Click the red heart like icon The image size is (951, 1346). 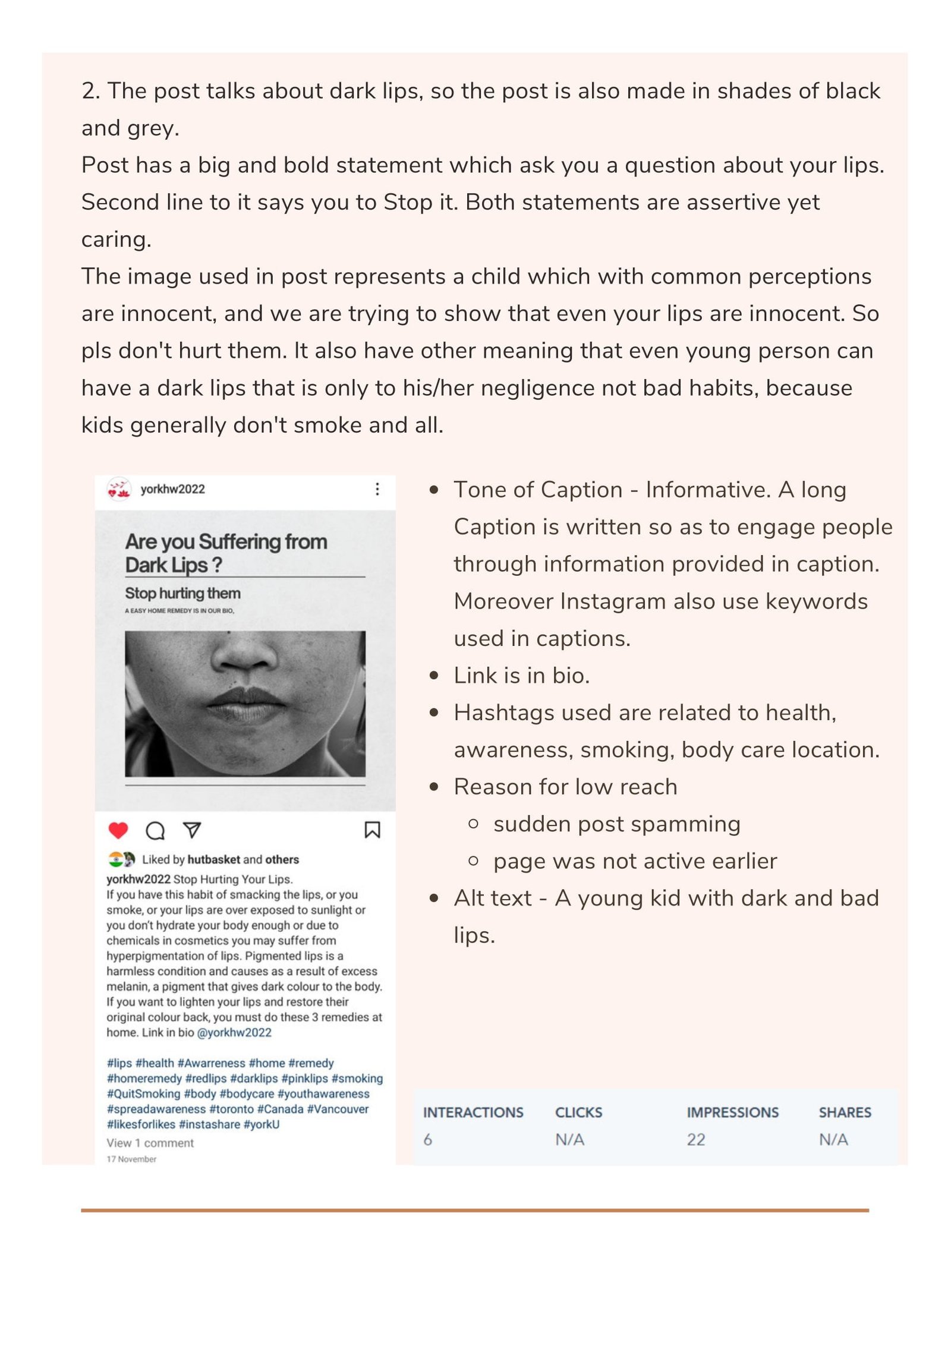[118, 830]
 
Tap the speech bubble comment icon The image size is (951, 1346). [155, 830]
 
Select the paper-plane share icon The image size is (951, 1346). [192, 830]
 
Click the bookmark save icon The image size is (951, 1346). [372, 830]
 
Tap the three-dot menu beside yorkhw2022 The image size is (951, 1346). [377, 489]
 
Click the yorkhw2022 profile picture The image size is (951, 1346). [119, 489]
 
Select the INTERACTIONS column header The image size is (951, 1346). [473, 1112]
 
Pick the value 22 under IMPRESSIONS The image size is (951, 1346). [696, 1140]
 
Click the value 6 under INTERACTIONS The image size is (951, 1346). [427, 1140]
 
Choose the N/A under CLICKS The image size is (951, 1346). [569, 1140]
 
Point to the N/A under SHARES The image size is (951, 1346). [833, 1140]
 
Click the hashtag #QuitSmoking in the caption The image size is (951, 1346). [143, 1093]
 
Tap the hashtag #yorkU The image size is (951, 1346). [262, 1124]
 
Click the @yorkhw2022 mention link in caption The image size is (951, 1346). [234, 1032]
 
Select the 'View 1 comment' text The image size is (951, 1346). [150, 1143]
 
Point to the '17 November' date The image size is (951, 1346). [131, 1159]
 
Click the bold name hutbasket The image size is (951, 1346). [213, 859]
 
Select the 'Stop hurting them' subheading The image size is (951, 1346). [182, 593]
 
